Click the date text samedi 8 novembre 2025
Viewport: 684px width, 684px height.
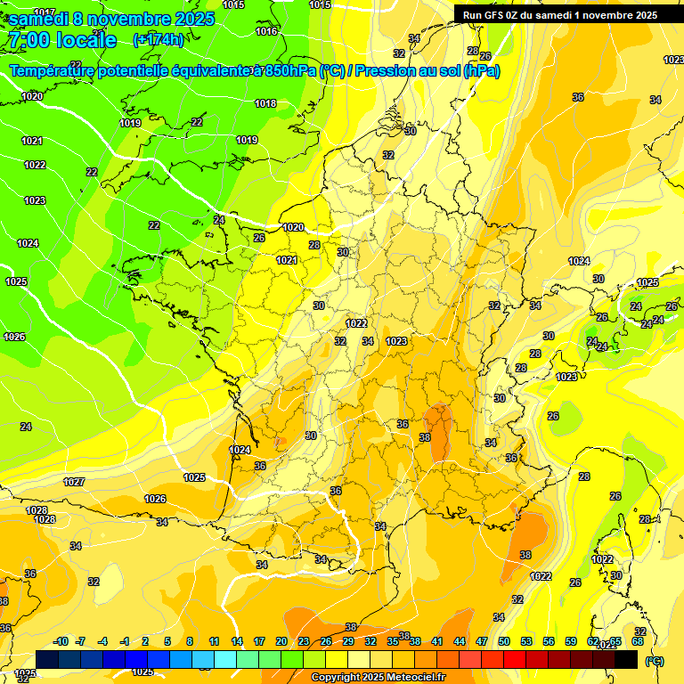coord(111,19)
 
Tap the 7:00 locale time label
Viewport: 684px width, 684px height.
coord(61,40)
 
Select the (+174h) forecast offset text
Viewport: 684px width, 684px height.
coord(158,39)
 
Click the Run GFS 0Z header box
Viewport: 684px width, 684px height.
coord(559,14)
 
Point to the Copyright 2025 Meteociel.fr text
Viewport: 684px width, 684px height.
coord(379,677)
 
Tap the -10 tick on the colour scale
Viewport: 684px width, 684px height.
coord(61,641)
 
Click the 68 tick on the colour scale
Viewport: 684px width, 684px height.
coord(638,641)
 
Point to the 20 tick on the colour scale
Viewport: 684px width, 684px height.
coord(281,641)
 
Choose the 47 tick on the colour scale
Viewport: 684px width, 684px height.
coord(482,641)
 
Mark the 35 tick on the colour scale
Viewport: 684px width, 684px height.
coord(393,641)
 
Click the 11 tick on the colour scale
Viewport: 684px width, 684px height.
coord(215,641)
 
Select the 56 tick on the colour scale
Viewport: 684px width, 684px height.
coord(549,641)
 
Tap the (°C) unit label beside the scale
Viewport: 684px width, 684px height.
coord(655,660)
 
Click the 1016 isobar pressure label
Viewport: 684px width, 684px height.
coord(266,31)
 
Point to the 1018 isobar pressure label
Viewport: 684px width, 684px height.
coord(265,103)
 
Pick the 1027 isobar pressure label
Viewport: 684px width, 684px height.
coord(74,482)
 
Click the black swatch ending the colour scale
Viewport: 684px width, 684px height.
coord(626,659)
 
